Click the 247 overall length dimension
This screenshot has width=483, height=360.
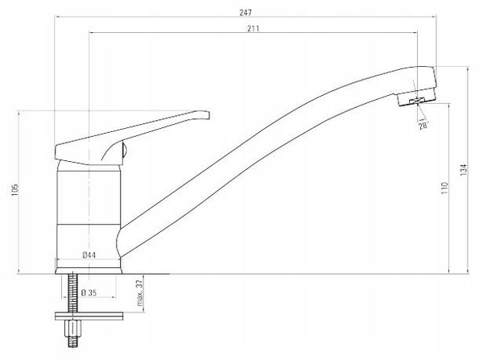click(x=246, y=13)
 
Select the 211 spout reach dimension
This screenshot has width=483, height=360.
click(x=254, y=29)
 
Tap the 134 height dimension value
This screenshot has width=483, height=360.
click(x=464, y=170)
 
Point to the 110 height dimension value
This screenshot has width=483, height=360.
click(x=444, y=188)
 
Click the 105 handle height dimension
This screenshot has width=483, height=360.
click(x=14, y=190)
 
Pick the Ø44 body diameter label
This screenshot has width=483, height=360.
click(x=89, y=255)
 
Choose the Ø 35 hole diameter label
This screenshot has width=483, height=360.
click(x=89, y=292)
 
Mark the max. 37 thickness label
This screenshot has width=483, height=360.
click(x=139, y=293)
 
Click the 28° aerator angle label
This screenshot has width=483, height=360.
click(x=423, y=126)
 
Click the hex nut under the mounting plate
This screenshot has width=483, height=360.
click(x=72, y=329)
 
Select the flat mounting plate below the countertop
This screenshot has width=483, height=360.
click(x=89, y=317)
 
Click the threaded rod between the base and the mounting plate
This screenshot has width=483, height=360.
click(x=72, y=293)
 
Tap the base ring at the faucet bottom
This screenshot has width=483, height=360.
click(x=89, y=271)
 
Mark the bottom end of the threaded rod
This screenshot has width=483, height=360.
click(x=72, y=346)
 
